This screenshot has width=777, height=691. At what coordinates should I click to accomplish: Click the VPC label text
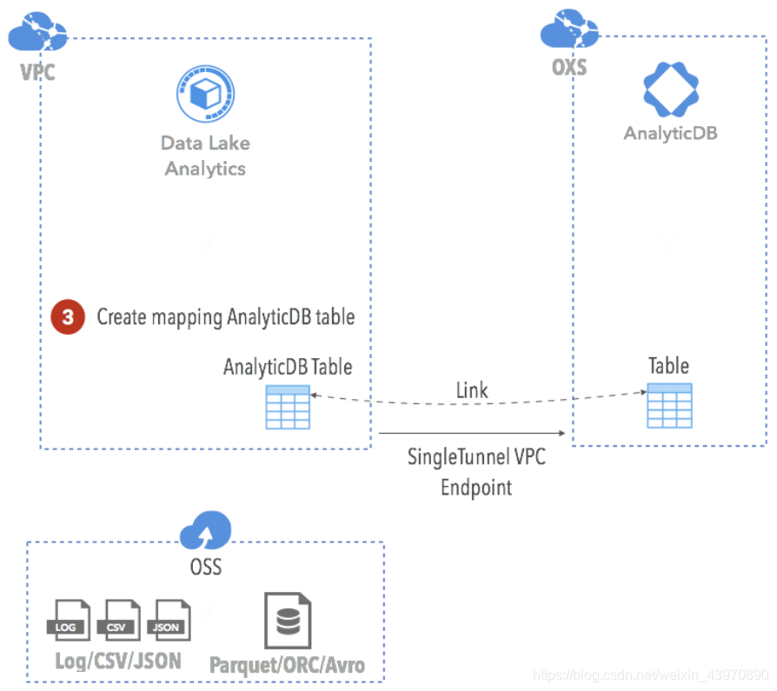pyautogui.click(x=37, y=71)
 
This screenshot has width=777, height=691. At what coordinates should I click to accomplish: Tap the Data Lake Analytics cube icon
pyautogui.click(x=206, y=95)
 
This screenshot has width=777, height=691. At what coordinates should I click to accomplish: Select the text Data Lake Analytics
pyautogui.click(x=205, y=156)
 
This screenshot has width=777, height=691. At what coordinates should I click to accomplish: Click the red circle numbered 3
pyautogui.click(x=68, y=317)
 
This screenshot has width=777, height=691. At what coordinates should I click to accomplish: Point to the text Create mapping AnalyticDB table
pyautogui.click(x=225, y=317)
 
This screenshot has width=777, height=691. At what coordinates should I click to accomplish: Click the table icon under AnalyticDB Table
pyautogui.click(x=288, y=407)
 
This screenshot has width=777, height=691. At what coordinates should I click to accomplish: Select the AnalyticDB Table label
pyautogui.click(x=288, y=367)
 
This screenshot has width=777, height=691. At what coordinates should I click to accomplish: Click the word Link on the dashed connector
pyautogui.click(x=472, y=391)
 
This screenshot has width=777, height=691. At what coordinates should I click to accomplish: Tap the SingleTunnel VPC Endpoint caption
pyautogui.click(x=476, y=471)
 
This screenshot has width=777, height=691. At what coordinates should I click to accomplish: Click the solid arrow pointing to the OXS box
pyautogui.click(x=474, y=433)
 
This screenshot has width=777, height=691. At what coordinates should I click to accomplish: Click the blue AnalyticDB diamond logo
pyautogui.click(x=670, y=90)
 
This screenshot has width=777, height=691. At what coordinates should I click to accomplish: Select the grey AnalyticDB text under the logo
pyautogui.click(x=670, y=134)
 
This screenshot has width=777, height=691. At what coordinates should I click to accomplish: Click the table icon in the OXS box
pyautogui.click(x=669, y=404)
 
